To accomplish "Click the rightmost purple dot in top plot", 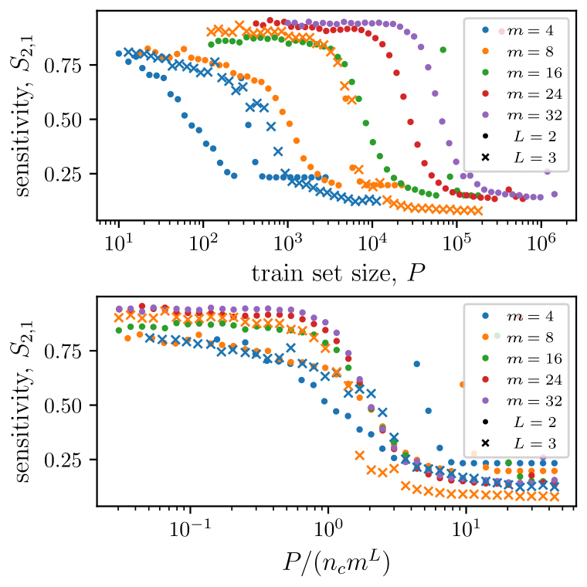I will click(x=554, y=194).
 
